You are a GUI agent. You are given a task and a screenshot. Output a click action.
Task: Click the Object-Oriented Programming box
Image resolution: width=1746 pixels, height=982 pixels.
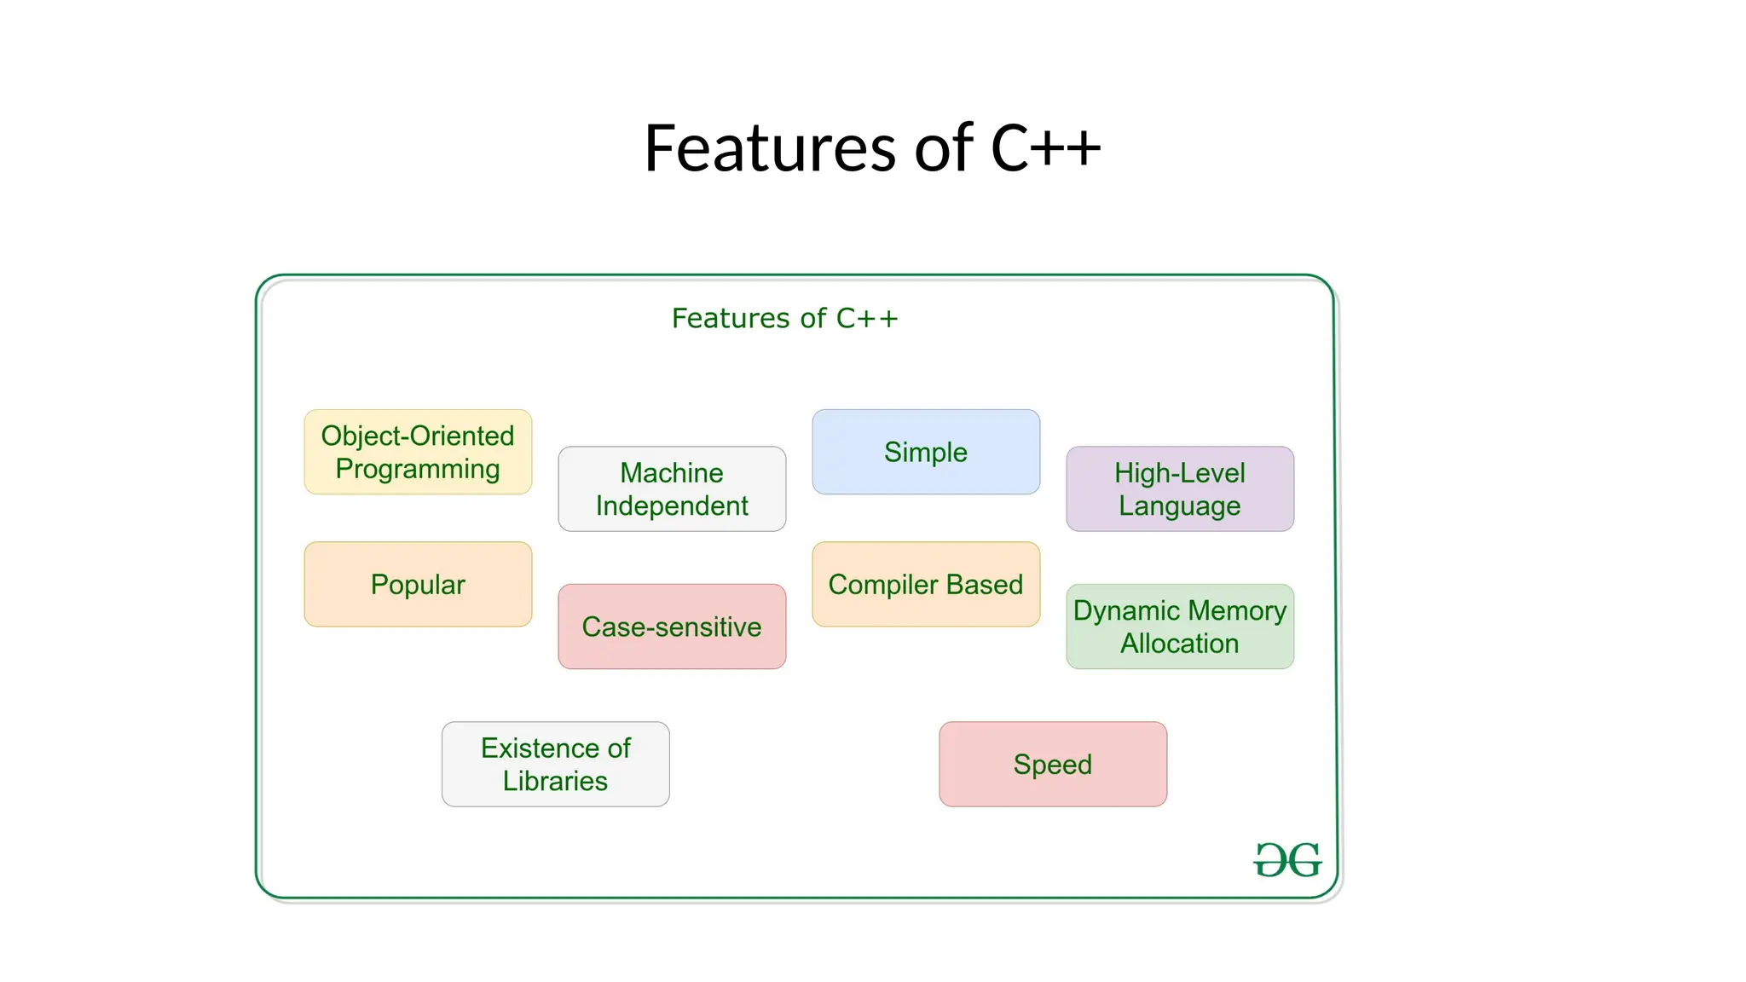coord(418,452)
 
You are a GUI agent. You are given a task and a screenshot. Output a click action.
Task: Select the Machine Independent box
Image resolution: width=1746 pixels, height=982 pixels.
coord(672,488)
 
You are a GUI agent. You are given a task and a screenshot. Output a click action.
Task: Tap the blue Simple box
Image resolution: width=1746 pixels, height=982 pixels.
coord(926,452)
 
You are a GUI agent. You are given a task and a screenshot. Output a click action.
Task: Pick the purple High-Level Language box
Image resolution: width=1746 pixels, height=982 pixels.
coord(1180,488)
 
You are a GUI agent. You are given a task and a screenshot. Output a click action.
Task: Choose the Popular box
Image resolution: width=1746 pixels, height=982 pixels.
coord(418,585)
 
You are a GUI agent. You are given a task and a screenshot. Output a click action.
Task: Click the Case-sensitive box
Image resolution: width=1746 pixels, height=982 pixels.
coord(672,627)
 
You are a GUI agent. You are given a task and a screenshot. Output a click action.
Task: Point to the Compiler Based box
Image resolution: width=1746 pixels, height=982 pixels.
coord(926,585)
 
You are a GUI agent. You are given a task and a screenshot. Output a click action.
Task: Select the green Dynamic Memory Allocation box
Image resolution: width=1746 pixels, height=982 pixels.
coord(1180,627)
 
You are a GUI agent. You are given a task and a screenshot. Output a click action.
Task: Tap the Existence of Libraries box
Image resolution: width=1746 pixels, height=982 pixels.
coord(555,764)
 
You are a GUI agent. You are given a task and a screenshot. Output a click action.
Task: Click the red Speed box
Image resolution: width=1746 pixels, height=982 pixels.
coord(1053,764)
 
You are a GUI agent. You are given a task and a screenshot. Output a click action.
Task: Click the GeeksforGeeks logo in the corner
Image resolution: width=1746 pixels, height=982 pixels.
coord(1287,860)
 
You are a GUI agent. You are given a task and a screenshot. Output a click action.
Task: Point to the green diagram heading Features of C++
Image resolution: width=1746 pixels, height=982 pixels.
coord(784,318)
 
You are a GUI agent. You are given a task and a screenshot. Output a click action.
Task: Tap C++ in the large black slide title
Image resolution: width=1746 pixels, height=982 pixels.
coord(1045,148)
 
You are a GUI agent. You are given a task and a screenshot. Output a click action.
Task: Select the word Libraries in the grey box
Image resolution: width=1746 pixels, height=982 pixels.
coord(555,781)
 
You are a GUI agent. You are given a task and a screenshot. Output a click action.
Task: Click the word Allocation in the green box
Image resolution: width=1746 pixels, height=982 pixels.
coord(1180,644)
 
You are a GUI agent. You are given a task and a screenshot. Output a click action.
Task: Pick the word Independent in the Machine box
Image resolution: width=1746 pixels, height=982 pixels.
coord(672,505)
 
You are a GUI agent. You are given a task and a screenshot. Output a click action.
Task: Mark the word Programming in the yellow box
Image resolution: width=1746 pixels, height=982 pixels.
coord(418,469)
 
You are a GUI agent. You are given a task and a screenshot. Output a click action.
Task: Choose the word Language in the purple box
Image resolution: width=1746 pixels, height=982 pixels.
coord(1180,505)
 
